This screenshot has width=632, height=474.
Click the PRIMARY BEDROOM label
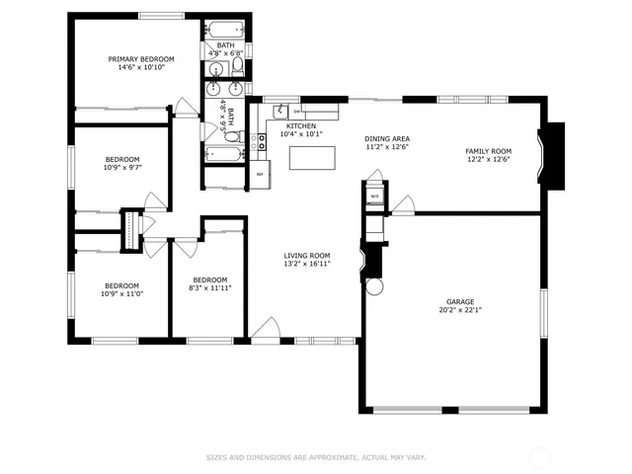[x=140, y=59]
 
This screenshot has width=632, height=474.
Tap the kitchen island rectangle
[x=311, y=157]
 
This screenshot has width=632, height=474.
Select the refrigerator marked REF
[x=261, y=174]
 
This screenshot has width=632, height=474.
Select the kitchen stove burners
[x=262, y=145]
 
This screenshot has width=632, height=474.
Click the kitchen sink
[x=281, y=110]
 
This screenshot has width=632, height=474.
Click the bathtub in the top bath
[x=224, y=29]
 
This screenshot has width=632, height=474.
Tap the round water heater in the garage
[x=372, y=287]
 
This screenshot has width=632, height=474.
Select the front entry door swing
[x=263, y=330]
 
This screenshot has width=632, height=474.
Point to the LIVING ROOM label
[x=306, y=255]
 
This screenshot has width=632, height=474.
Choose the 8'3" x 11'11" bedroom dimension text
[x=211, y=287]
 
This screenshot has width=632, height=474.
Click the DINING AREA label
[x=387, y=138]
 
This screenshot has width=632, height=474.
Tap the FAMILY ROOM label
[x=488, y=150]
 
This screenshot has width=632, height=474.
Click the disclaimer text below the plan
[x=315, y=457]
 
